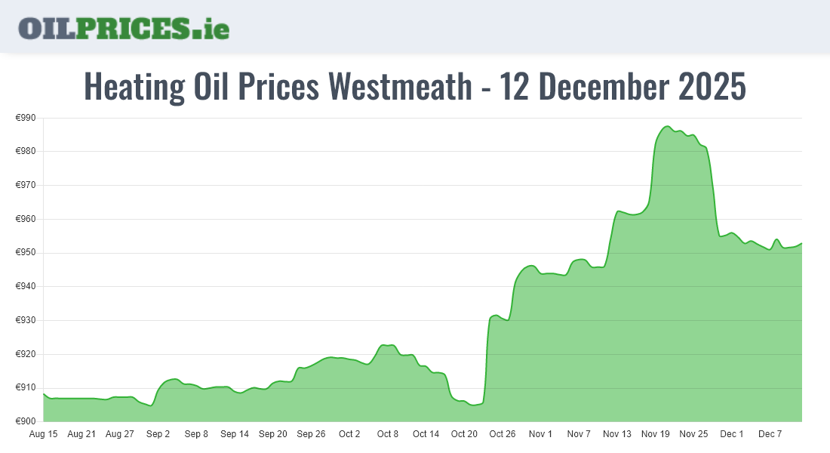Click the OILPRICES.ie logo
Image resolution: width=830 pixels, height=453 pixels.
pyautogui.click(x=124, y=28)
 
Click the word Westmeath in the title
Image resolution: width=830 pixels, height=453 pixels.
pyautogui.click(x=399, y=87)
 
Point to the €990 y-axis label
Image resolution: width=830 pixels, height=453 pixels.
pyautogui.click(x=26, y=118)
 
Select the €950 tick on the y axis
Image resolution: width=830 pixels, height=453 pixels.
pyautogui.click(x=26, y=253)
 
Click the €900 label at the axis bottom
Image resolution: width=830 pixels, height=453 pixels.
pyautogui.click(x=26, y=421)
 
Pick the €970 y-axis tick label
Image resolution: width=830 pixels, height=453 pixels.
pyautogui.click(x=26, y=185)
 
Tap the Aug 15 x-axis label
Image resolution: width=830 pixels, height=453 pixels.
pyautogui.click(x=43, y=434)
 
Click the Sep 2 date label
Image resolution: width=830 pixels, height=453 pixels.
pyautogui.click(x=158, y=434)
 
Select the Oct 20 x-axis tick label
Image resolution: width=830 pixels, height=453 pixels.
pyautogui.click(x=464, y=434)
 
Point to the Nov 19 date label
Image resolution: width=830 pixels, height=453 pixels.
pyautogui.click(x=655, y=434)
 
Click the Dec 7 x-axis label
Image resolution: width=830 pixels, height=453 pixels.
pyautogui.click(x=770, y=434)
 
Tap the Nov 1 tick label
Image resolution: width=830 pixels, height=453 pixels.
pyautogui.click(x=540, y=434)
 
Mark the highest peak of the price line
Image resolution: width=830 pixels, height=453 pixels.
pyautogui.click(x=667, y=126)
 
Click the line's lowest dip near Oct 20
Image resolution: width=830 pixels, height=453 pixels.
pyautogui.click(x=473, y=405)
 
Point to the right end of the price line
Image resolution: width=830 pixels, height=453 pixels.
pyautogui.click(x=801, y=243)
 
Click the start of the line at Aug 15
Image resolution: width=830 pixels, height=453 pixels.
pyautogui.click(x=44, y=394)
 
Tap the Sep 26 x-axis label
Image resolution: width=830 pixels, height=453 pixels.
pyautogui.click(x=311, y=434)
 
